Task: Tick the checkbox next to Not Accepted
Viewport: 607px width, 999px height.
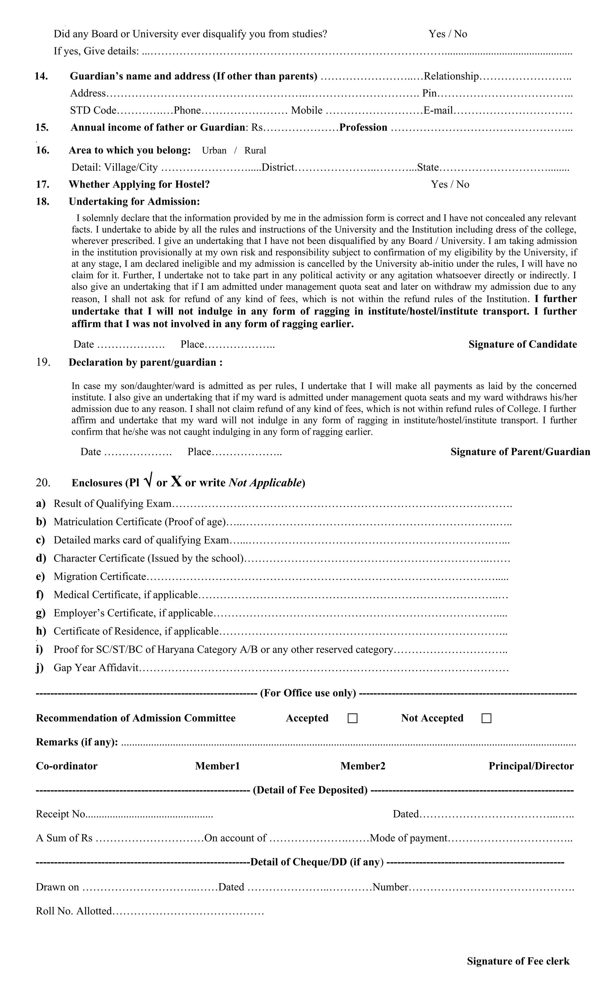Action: tap(486, 718)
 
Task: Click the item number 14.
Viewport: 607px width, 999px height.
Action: tap(41, 76)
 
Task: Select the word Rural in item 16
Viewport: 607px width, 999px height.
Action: tap(255, 150)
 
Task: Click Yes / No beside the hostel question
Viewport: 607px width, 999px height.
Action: tap(450, 185)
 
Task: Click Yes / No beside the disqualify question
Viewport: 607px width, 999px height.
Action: tap(448, 34)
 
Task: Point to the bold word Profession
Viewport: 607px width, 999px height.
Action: tap(363, 128)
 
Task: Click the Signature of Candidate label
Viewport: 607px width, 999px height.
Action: tap(522, 344)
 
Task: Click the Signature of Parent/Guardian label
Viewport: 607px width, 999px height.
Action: tap(520, 452)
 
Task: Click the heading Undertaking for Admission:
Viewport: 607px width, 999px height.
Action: tap(134, 201)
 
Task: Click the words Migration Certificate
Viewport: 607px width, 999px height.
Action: tap(99, 577)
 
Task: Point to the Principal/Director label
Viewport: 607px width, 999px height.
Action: tap(531, 766)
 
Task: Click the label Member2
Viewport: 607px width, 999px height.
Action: tap(362, 766)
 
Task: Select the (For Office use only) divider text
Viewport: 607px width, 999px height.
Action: tap(308, 693)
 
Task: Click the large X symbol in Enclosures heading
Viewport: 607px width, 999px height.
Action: tap(176, 481)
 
